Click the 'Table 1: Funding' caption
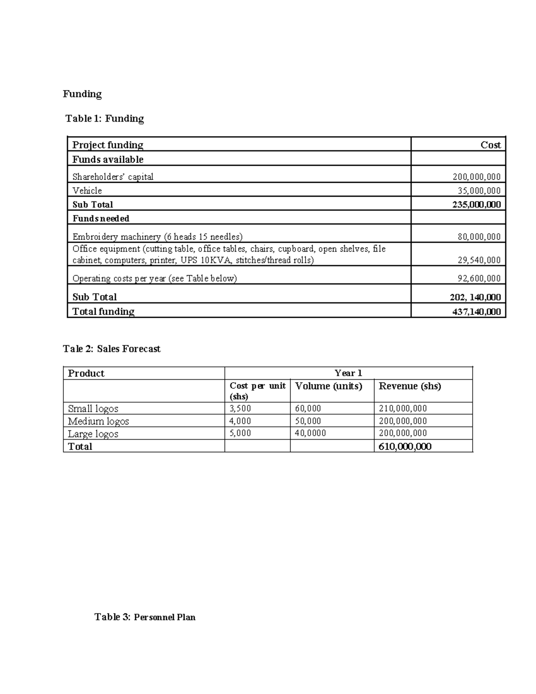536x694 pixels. coord(105,118)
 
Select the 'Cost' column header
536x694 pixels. coord(490,145)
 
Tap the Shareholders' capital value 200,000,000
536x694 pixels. coord(476,177)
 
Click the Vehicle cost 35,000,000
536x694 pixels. coord(479,190)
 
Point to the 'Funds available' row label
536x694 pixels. coord(108,160)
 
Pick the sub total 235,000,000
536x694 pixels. coord(476,205)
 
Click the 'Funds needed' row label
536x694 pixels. coord(101,219)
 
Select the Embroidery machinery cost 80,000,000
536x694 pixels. coord(479,236)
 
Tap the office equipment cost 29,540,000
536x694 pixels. coord(479,260)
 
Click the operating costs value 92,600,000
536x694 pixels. coord(479,278)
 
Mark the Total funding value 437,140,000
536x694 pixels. coord(476,311)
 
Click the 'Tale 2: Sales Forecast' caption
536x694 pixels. coord(112,349)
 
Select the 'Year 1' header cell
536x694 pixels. coord(348,373)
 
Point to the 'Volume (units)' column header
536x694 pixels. coord(328,386)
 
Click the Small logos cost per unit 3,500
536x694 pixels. coord(240,408)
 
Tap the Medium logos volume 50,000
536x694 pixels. coord(308,421)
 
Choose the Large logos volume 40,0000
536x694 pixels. coord(310,433)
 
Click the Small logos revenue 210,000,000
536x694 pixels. coord(402,408)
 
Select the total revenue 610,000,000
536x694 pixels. coord(405,446)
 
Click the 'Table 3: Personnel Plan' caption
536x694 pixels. coord(145,617)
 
